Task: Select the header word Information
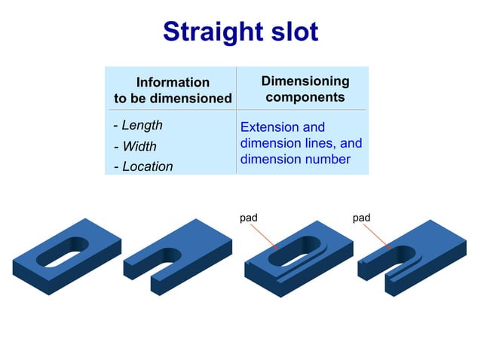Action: point(173,82)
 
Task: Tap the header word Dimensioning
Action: point(305,81)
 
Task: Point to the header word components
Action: point(305,97)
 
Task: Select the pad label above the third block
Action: point(249,218)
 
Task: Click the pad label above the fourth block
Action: point(362,218)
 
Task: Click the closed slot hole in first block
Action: point(65,252)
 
